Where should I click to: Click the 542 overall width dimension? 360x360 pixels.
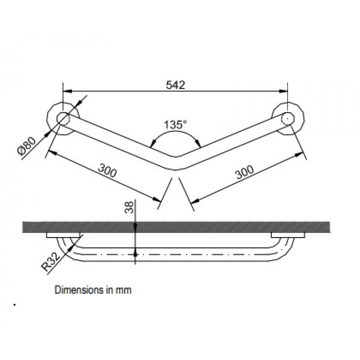[175, 85]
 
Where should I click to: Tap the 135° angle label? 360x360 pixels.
[175, 125]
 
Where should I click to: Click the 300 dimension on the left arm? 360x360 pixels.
[108, 171]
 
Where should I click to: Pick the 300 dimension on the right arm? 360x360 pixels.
[245, 172]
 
